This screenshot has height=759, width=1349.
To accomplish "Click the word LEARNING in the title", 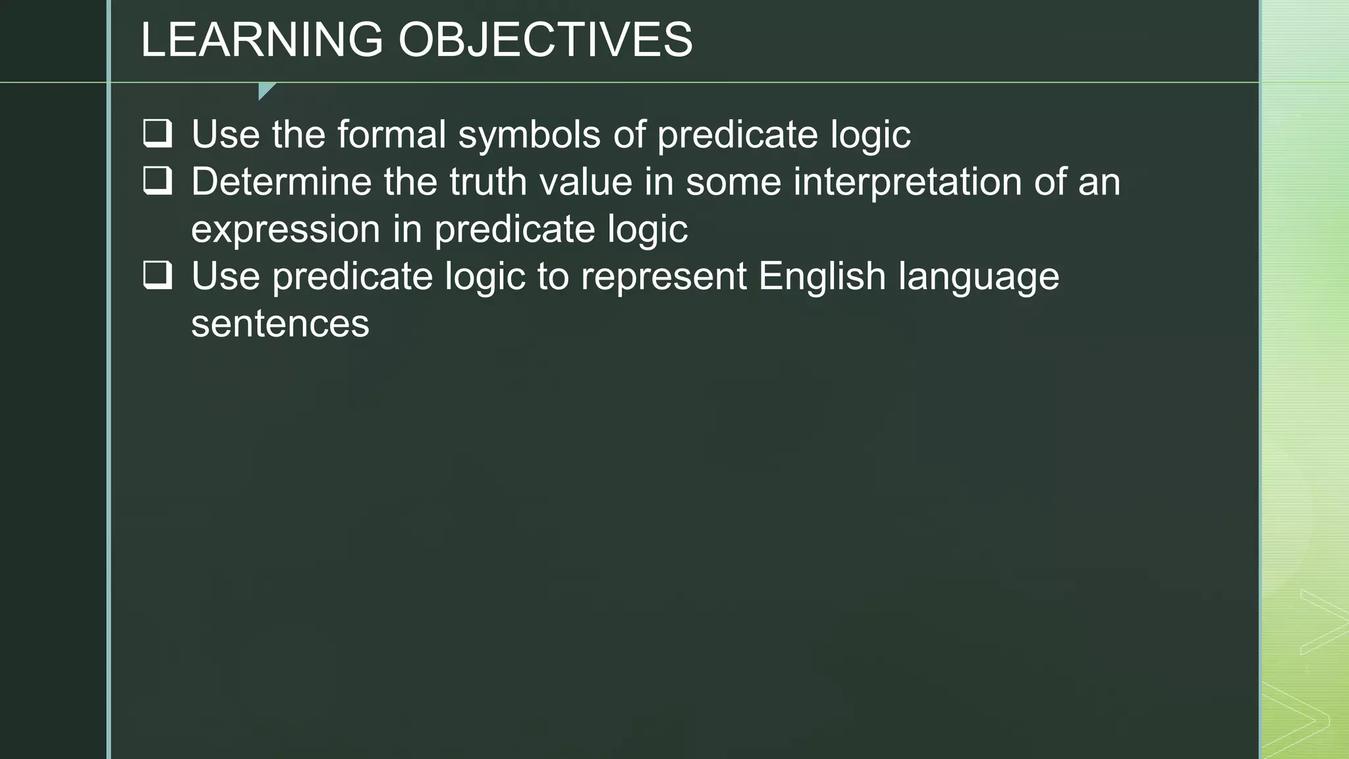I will (262, 40).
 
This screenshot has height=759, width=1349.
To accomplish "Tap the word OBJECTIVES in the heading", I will (545, 40).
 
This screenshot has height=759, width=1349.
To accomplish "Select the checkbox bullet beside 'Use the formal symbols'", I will (158, 134).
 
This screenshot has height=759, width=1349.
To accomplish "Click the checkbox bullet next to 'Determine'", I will (158, 181).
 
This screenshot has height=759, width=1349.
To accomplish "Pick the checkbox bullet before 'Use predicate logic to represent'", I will (158, 275).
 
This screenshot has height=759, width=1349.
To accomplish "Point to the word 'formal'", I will (392, 134).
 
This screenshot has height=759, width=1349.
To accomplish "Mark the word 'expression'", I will (286, 230).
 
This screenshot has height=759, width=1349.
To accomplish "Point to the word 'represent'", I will (664, 276).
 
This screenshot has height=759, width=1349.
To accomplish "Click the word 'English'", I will (822, 276).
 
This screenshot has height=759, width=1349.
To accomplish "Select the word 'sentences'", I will (280, 324).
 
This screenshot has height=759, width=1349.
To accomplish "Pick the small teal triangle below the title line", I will (265, 90).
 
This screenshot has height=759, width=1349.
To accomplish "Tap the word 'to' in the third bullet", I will (553, 276).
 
